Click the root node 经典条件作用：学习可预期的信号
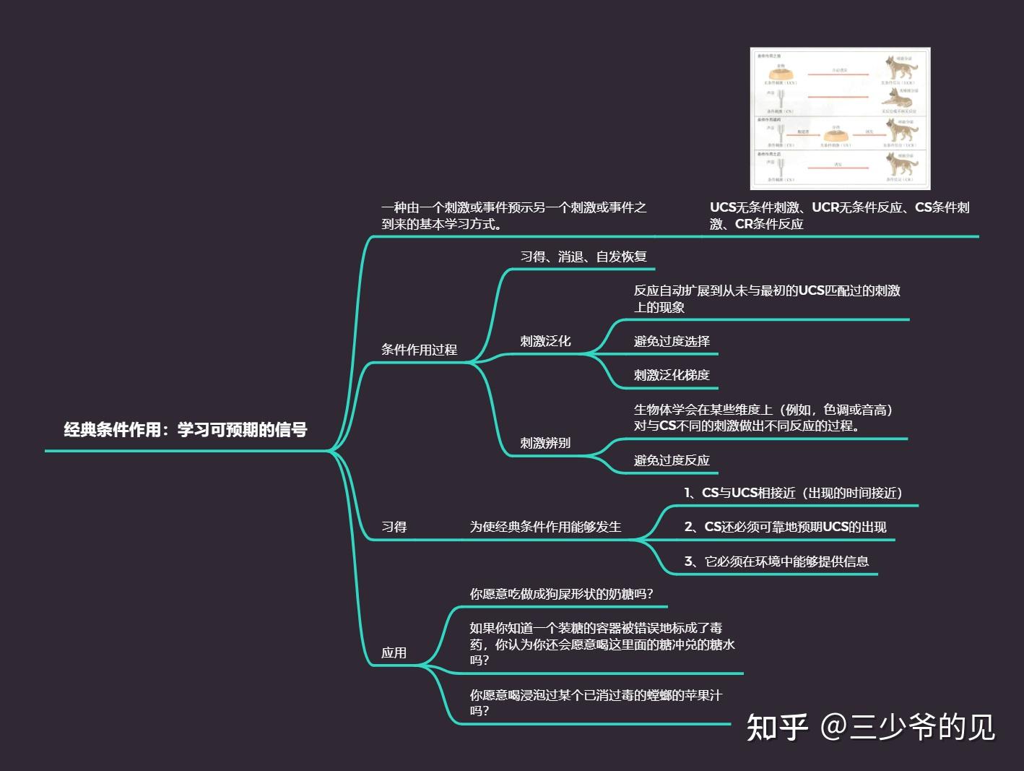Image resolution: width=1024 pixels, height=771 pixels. point(186,430)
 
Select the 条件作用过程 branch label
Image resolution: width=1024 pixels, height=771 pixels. point(419,350)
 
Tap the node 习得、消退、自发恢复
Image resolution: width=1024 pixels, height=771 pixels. point(583,257)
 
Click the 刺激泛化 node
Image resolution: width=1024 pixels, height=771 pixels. point(545,341)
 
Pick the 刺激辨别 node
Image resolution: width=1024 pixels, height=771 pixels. point(545,443)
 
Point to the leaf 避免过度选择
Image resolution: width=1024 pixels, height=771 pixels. point(672,341)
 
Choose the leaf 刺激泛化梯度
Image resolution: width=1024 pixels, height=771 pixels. point(672,375)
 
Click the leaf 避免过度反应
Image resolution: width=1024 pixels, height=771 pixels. point(672,460)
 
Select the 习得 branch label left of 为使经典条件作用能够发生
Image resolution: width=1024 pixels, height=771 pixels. point(394,527)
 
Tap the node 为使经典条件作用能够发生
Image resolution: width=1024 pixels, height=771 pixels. point(545,527)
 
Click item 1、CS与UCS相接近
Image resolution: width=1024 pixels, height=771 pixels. point(794,493)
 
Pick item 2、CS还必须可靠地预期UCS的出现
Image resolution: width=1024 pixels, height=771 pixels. point(785,527)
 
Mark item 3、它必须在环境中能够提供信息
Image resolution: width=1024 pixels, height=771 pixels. point(776,561)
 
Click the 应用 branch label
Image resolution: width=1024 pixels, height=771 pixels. point(394,652)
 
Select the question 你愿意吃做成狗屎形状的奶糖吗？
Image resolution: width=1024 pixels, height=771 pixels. point(562,594)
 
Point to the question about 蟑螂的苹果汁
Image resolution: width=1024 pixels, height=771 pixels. point(596,702)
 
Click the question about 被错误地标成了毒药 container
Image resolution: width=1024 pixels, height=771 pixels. point(602,644)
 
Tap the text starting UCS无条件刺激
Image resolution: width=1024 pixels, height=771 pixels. point(839,215)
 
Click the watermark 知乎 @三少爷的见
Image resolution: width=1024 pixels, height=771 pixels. point(870,726)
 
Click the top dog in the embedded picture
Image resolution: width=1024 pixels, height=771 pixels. point(901,69)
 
